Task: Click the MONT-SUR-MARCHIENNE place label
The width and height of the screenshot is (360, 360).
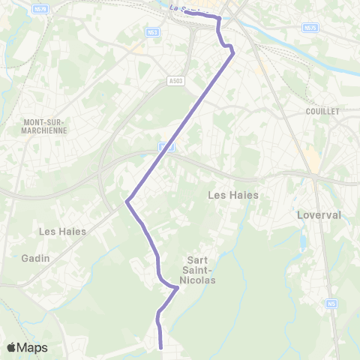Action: click(x=45, y=125)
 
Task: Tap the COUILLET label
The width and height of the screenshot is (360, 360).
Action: click(x=323, y=111)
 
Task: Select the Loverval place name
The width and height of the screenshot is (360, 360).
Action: click(x=320, y=214)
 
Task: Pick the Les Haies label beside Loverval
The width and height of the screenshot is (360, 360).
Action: click(x=232, y=195)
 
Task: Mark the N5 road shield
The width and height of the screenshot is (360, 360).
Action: click(x=331, y=304)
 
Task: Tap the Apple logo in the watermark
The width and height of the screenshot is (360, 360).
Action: click(x=12, y=347)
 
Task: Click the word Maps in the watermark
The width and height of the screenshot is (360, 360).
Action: click(x=33, y=348)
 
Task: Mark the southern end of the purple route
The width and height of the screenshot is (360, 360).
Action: click(x=162, y=347)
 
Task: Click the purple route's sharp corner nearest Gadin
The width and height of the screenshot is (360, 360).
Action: click(x=127, y=201)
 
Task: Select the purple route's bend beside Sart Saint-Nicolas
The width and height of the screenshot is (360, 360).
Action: click(x=177, y=287)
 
